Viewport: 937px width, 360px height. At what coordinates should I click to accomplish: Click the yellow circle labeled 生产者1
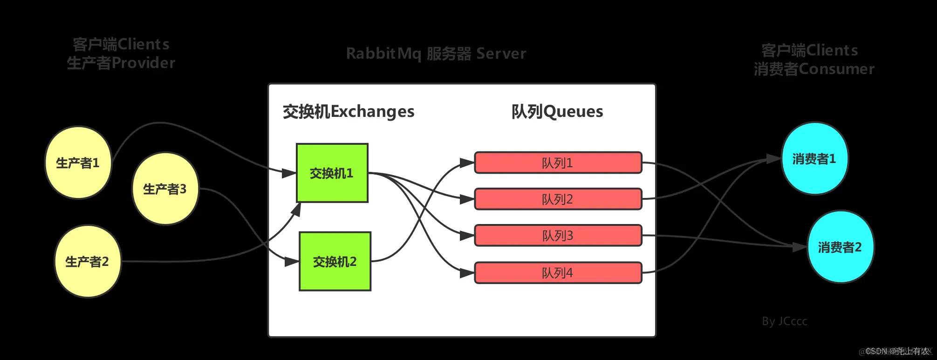(78, 163)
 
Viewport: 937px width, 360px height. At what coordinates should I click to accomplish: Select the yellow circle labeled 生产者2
(87, 262)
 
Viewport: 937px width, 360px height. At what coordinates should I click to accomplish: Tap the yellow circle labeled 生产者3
(165, 189)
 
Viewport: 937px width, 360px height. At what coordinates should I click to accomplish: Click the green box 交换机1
(332, 173)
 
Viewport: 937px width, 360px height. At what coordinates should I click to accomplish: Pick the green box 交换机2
(335, 262)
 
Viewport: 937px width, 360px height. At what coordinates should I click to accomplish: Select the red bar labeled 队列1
(558, 163)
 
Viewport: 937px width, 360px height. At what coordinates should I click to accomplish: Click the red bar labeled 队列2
(558, 199)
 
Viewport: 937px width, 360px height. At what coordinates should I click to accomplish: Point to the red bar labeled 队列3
(558, 236)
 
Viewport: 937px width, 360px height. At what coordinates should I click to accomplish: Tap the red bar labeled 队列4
(558, 273)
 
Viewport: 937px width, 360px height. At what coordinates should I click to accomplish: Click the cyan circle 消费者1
(814, 159)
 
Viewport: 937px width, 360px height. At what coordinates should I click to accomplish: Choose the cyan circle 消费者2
(840, 247)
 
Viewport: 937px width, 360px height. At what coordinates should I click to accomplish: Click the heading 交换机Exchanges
(348, 112)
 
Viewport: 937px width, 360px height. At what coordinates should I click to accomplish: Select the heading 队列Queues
(557, 112)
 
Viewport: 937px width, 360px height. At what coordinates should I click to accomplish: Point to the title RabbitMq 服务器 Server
(436, 54)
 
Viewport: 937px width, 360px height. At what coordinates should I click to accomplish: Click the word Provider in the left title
(144, 63)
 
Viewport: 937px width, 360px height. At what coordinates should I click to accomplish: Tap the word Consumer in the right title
(836, 69)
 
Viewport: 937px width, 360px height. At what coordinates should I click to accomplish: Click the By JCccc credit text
(784, 321)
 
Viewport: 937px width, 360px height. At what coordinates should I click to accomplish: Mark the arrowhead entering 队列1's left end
(467, 163)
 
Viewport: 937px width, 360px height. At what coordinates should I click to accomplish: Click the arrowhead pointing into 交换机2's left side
(292, 262)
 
